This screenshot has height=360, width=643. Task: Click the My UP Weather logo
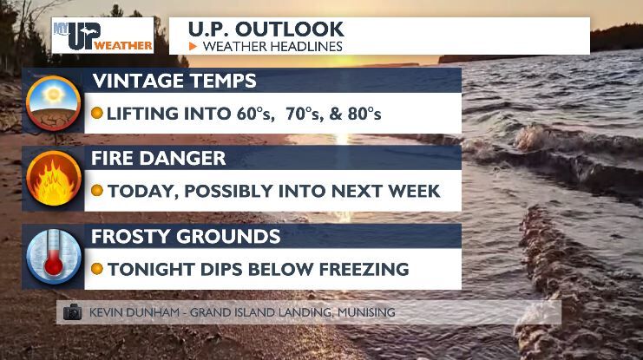pyautogui.click(x=102, y=36)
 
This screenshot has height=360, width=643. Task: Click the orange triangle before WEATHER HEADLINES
pyautogui.click(x=193, y=46)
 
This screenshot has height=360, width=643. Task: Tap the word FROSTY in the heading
pyautogui.click(x=132, y=236)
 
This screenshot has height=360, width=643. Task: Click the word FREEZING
pyautogui.click(x=358, y=269)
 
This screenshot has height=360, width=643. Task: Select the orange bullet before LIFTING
pyautogui.click(x=97, y=114)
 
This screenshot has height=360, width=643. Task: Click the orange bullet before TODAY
pyautogui.click(x=97, y=192)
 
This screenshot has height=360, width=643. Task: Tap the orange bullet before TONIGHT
pyautogui.click(x=97, y=269)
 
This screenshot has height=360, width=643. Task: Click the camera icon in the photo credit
pyautogui.click(x=72, y=312)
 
